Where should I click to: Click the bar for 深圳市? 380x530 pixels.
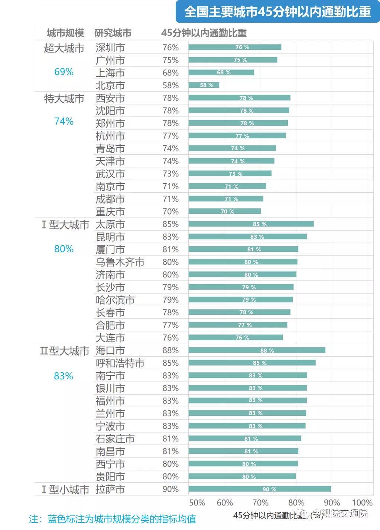[x=235, y=47]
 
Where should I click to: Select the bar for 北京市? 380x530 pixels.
[x=204, y=85]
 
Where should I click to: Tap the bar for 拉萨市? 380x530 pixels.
[x=260, y=489]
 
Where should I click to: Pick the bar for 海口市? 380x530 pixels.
[x=257, y=350]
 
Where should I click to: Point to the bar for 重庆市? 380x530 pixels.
[x=224, y=212]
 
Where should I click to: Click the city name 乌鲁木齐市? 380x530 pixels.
[x=120, y=262]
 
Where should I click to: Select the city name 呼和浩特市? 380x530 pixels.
[x=120, y=363]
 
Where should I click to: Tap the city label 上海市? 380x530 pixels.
[x=110, y=73]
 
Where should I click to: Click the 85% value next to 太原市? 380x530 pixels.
[x=170, y=224]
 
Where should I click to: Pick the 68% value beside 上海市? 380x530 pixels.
[x=170, y=73]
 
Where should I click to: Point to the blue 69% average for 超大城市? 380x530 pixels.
[x=64, y=72]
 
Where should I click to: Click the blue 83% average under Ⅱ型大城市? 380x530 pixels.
[x=64, y=376]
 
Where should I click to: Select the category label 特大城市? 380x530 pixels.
[x=64, y=99]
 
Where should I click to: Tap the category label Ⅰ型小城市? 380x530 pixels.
[x=65, y=489]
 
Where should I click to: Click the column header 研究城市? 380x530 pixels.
[x=113, y=33]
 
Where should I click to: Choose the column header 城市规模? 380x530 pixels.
[x=65, y=33]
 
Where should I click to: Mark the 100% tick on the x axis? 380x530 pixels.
[x=362, y=503]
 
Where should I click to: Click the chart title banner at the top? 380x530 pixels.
[x=277, y=12]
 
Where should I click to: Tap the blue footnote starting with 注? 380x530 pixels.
[x=112, y=519]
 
